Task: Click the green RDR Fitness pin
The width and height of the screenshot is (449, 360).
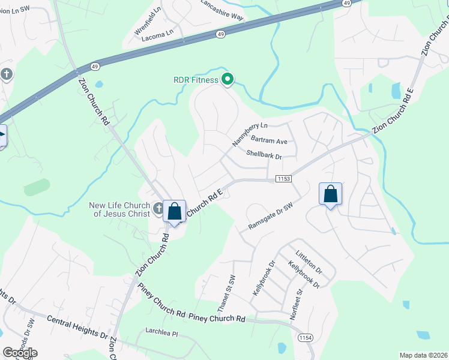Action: (228, 79)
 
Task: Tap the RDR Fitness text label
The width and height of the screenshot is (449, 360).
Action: (196, 80)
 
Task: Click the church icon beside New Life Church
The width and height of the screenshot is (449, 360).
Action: (158, 209)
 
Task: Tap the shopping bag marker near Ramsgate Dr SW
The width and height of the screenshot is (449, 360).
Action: (330, 194)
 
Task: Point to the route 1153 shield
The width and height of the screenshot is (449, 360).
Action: (284, 179)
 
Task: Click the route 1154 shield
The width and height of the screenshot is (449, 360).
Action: (306, 338)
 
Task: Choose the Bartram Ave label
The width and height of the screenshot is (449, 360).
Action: (270, 142)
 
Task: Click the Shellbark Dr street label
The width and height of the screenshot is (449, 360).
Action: (264, 154)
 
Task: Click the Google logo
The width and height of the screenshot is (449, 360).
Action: (20, 353)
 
